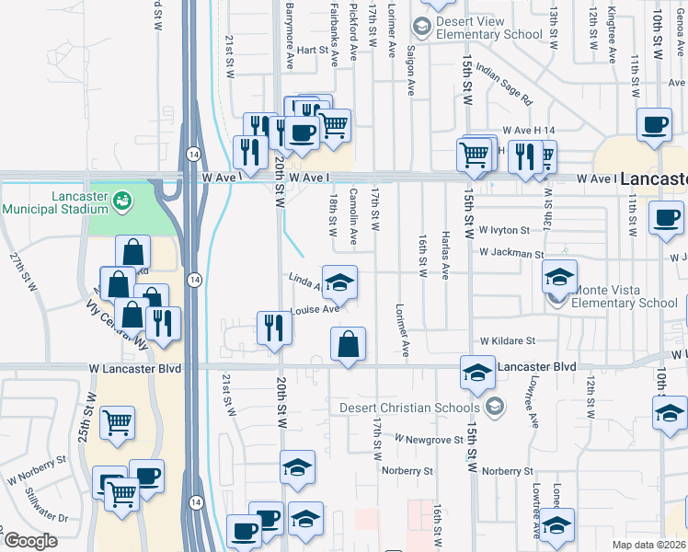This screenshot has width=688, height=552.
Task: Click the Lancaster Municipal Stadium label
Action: (x=55, y=203)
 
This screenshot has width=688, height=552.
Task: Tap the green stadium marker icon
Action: (x=121, y=198)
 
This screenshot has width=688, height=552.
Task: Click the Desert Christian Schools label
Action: (x=409, y=408)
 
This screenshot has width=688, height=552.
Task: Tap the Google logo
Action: (x=30, y=541)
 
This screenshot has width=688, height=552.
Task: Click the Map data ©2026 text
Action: (x=648, y=544)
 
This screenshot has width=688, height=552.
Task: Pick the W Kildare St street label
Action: (x=506, y=340)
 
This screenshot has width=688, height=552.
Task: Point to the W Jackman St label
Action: (x=511, y=251)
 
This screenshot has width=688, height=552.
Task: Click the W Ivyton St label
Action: (x=505, y=230)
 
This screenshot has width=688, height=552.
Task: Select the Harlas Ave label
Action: (x=445, y=255)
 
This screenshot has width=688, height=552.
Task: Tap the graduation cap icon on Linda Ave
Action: (x=339, y=282)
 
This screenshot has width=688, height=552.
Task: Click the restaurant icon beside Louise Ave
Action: (x=274, y=328)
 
